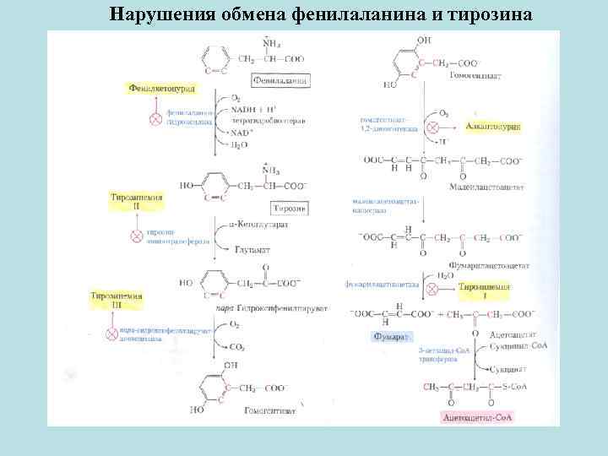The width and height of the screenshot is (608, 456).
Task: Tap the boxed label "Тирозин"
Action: click(x=289, y=208)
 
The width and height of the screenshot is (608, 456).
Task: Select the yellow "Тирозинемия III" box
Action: click(x=118, y=301)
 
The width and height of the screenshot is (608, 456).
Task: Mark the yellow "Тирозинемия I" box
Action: click(x=485, y=291)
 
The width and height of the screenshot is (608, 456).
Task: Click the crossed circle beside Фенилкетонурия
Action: click(x=155, y=119)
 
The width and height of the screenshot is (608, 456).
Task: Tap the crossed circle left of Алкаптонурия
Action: click(x=432, y=127)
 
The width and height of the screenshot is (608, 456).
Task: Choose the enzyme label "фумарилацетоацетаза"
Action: click(x=378, y=286)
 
